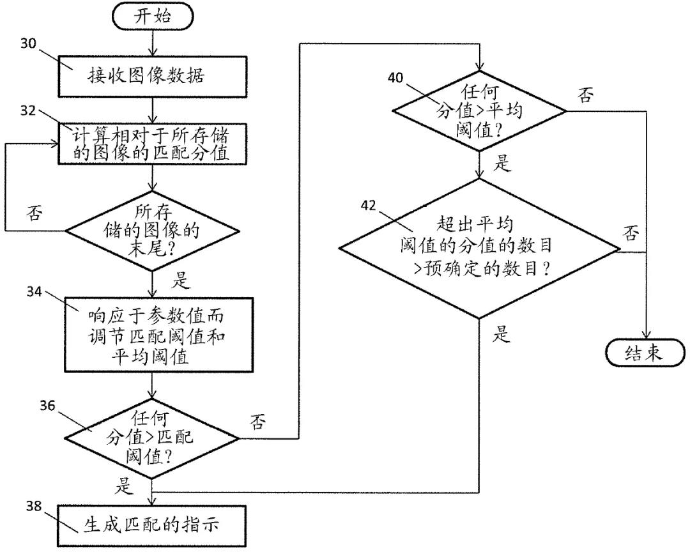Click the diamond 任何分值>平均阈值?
479,112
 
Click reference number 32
29,110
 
